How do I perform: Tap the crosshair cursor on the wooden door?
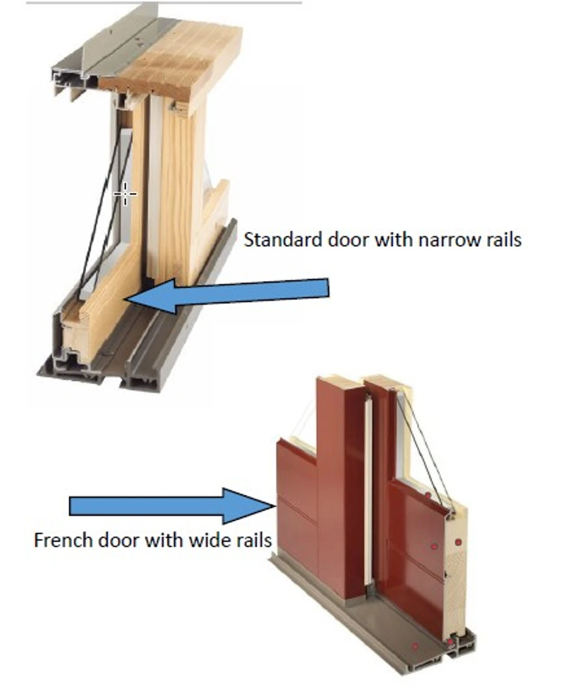coord(125,193)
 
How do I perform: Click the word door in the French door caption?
coord(119,539)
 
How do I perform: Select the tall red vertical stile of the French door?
coord(339,484)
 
